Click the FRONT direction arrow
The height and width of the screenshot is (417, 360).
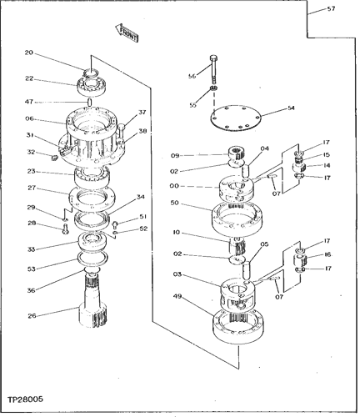(x=127, y=33)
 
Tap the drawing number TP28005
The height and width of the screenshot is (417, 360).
(x=25, y=399)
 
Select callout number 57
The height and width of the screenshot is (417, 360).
(x=331, y=8)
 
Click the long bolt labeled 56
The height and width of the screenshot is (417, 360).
(x=213, y=69)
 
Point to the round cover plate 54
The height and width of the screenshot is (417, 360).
(x=236, y=118)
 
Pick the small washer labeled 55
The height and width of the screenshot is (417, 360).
(x=213, y=88)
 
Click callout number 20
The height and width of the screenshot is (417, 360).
(x=29, y=53)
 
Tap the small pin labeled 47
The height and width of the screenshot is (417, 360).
(x=90, y=102)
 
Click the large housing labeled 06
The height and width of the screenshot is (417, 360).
(x=92, y=136)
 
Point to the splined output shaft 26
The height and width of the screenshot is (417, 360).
(x=93, y=299)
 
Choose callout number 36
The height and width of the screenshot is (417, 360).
(x=31, y=290)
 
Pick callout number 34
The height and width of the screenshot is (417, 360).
(x=141, y=197)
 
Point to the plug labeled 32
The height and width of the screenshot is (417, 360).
(x=53, y=158)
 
